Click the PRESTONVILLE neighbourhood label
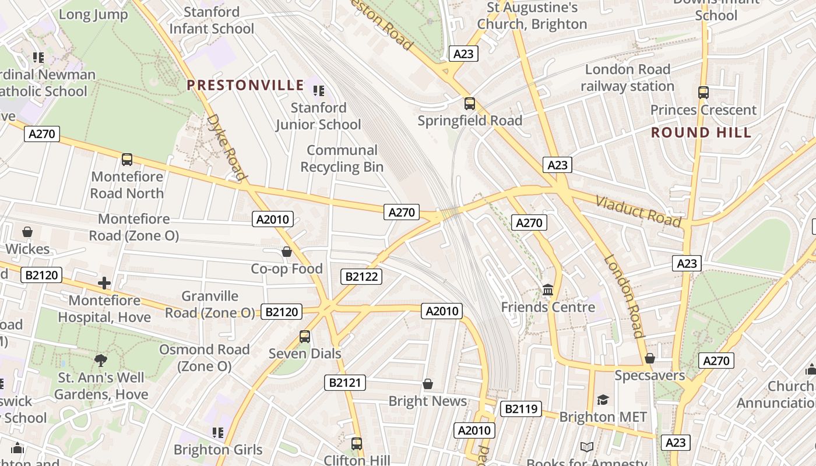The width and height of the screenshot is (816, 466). click(245, 86)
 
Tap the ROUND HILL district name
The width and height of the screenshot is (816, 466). click(701, 133)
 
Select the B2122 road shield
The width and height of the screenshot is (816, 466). click(361, 277)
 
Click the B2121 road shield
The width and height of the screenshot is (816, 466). click(345, 383)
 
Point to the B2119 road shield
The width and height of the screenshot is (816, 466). click(520, 409)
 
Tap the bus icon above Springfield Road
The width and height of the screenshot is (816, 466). click(470, 104)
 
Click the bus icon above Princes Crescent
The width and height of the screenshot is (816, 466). click(704, 92)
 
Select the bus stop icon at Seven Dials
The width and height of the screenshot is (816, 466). click(305, 336)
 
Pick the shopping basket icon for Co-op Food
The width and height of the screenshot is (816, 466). click(287, 252)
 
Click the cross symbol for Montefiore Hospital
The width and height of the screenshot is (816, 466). click(104, 283)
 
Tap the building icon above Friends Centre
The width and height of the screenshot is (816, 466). click(548, 290)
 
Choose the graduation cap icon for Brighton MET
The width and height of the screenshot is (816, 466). click(603, 400)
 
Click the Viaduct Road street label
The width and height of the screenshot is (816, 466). click(638, 211)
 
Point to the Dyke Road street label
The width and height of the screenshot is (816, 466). click(226, 147)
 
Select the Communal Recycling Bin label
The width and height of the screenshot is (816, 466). click(342, 158)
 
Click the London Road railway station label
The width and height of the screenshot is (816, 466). click(627, 78)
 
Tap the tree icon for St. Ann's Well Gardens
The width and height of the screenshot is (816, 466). click(101, 361)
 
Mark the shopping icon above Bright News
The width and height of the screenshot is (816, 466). click(428, 384)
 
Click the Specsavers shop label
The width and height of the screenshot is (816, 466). click(650, 375)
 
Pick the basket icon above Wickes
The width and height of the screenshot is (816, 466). click(27, 232)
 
